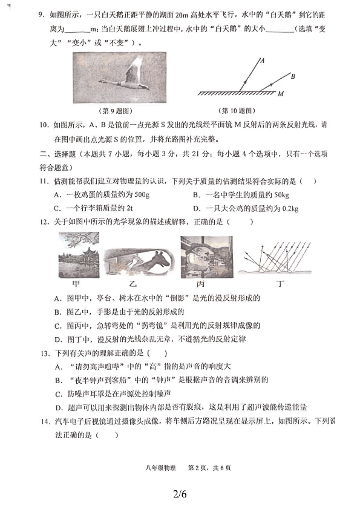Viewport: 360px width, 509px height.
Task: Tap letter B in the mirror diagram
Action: pos(292,76)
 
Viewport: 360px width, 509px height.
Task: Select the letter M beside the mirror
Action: pos(281,94)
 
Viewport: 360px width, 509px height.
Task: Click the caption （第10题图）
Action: pos(237,111)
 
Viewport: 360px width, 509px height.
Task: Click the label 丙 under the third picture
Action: pos(201,284)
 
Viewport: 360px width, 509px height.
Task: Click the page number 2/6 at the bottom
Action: pos(180,494)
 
